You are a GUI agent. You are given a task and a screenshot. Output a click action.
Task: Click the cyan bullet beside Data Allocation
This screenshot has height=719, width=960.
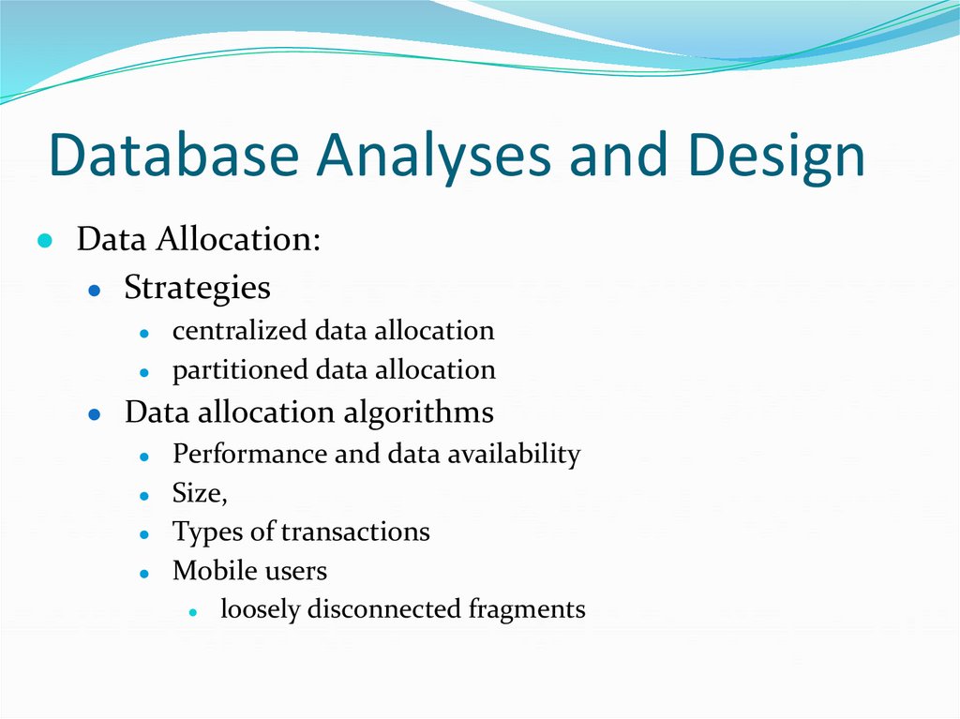(44, 241)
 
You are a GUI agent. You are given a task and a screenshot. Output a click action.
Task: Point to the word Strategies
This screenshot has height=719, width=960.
(197, 288)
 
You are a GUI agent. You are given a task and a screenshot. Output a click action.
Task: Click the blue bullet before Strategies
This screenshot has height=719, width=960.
(94, 291)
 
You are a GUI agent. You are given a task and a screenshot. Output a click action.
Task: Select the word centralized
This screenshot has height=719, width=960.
(239, 330)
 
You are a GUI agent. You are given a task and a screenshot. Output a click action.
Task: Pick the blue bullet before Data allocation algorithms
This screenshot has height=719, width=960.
(94, 415)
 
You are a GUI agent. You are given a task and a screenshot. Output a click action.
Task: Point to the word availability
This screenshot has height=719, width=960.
(514, 455)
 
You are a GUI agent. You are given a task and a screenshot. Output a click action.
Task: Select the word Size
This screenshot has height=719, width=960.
(196, 493)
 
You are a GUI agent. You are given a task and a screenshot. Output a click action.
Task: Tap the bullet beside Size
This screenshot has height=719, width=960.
(143, 496)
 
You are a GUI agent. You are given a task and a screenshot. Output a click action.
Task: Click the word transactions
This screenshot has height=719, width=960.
(355, 532)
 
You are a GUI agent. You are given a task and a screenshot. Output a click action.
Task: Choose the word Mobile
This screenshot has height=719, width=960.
(210, 570)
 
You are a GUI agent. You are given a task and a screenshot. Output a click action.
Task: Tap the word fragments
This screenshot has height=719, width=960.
(527, 609)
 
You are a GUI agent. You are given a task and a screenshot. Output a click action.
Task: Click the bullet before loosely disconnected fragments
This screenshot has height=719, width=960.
(191, 612)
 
